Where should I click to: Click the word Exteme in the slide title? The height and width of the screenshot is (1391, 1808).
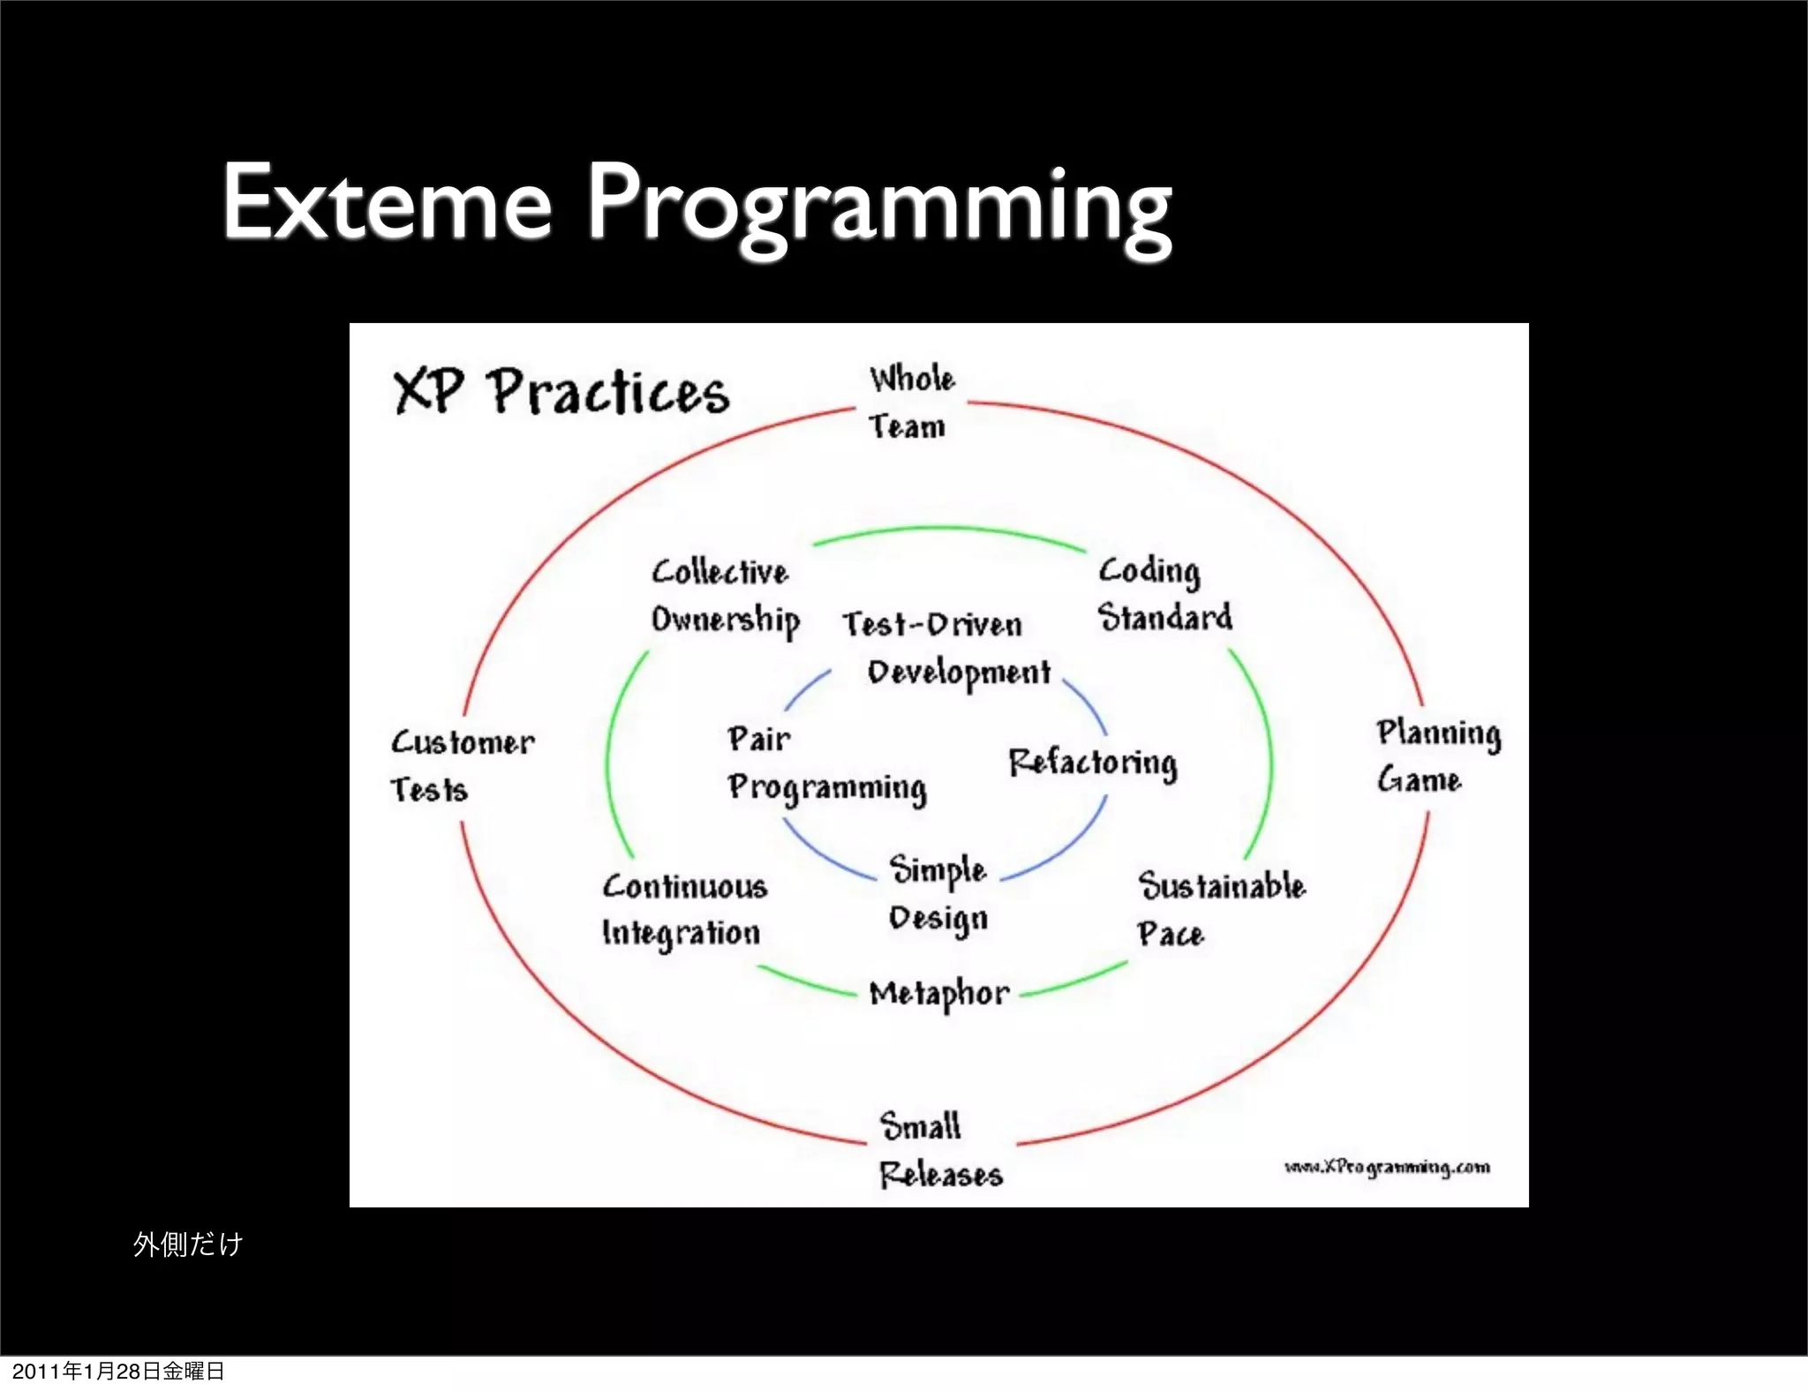point(387,203)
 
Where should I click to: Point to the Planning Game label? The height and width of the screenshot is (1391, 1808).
point(1437,756)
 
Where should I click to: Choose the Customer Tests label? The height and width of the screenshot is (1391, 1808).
point(462,765)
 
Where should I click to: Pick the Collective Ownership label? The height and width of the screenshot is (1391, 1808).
point(725,596)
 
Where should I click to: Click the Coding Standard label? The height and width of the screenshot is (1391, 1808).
point(1164,594)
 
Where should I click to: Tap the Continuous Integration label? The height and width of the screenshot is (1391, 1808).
point(684,910)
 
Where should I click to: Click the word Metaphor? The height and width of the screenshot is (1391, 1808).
point(938,994)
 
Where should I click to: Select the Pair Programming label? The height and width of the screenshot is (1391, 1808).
point(825,763)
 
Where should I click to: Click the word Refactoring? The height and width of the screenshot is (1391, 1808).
point(1092,763)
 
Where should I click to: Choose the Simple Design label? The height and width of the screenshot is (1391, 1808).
point(938,893)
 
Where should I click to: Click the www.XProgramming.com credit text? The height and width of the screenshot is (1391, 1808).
point(1387,1168)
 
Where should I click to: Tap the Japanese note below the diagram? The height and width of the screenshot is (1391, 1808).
point(187,1244)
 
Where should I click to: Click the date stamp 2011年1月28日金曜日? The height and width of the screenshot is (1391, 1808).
point(118,1371)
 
